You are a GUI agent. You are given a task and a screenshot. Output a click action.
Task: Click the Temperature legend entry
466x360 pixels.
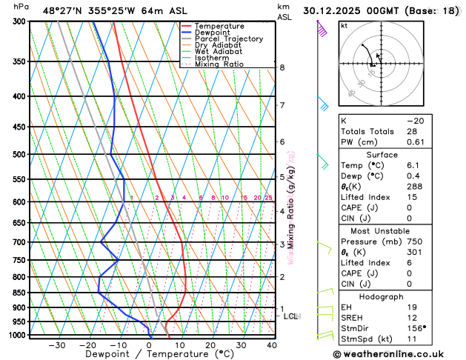(x=220, y=26)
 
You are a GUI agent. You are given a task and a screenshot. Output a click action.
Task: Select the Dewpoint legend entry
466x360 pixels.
(x=214, y=33)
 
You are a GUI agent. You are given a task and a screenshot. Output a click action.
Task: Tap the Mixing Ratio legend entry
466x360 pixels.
(x=219, y=64)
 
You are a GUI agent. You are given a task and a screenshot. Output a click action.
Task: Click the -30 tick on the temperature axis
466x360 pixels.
(x=57, y=345)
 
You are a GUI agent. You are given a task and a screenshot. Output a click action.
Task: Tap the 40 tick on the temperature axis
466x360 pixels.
(x=272, y=345)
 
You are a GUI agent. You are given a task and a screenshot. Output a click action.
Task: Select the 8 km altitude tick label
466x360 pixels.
(x=282, y=67)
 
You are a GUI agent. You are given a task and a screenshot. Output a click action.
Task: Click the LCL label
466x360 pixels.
(x=291, y=316)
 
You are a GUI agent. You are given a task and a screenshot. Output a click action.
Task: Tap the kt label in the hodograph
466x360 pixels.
(x=344, y=26)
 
